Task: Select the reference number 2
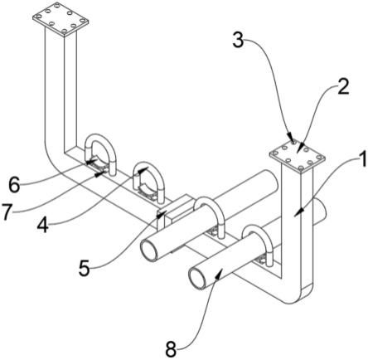(x=342, y=86)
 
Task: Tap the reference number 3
(x=238, y=40)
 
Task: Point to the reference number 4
(x=43, y=225)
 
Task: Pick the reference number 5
(x=85, y=268)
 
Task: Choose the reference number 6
(x=14, y=185)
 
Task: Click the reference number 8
(x=171, y=348)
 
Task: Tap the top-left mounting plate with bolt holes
(x=61, y=19)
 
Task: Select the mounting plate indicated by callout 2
(x=298, y=157)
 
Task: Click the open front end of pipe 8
(x=198, y=279)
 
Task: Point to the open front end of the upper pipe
(x=149, y=249)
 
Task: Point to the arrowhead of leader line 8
(x=219, y=275)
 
